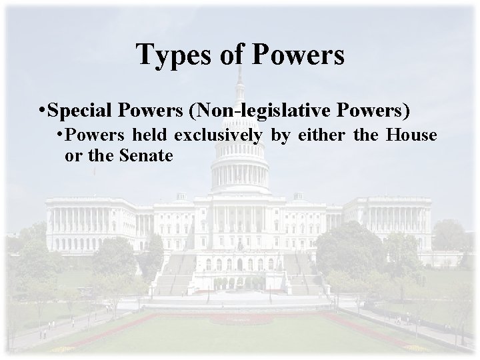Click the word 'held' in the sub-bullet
click(152, 135)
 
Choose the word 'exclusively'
click(219, 135)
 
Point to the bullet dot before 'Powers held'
click(60, 135)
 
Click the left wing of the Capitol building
click(93, 220)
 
